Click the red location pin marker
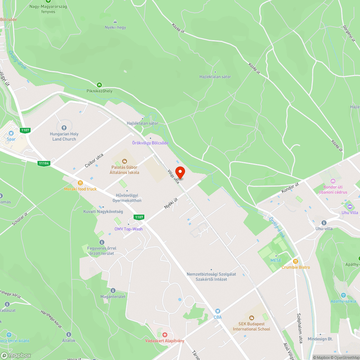pos(180,172)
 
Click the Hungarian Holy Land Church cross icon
pos(64,127)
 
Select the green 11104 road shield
pos(44,163)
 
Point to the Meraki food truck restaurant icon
pos(80,183)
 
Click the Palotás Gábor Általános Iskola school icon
pos(125,161)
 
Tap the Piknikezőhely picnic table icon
pos(100,85)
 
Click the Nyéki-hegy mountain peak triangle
pos(115,21)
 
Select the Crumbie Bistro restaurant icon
pos(296,261)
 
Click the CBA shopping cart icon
pos(217,311)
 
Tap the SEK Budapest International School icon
pos(251,318)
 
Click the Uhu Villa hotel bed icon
pos(349,206)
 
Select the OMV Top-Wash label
pos(129,229)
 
